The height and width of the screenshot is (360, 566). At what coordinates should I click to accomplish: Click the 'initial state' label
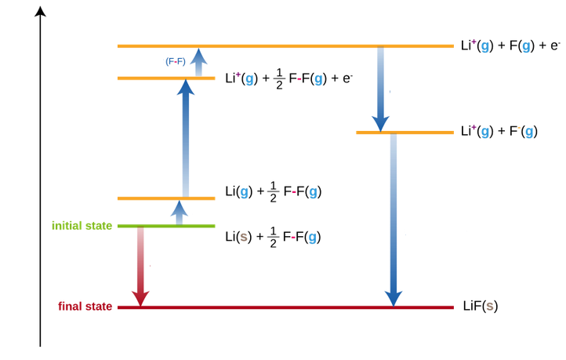point(82,226)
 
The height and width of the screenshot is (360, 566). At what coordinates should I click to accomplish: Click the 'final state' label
point(85,306)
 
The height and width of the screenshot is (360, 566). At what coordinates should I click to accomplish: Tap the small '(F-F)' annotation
point(176,61)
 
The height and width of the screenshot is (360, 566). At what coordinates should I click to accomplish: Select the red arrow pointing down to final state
point(140,267)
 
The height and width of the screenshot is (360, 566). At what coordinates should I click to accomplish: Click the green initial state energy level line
point(165,226)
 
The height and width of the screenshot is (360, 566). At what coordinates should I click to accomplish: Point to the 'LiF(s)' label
point(481,306)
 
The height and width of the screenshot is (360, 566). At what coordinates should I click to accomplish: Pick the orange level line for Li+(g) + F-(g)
point(405,132)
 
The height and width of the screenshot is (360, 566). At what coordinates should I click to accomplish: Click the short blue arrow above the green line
point(180,213)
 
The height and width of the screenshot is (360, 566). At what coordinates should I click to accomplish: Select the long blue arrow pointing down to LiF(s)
point(394,220)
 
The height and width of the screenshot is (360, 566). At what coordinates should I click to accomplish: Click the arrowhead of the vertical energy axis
point(40,11)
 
